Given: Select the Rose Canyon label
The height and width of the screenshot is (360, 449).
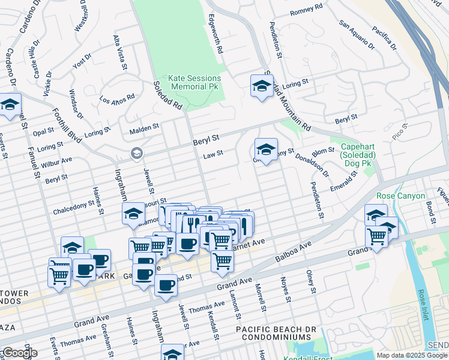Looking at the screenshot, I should coord(400,196).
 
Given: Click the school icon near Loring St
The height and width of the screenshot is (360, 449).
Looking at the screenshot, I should coord(262,85).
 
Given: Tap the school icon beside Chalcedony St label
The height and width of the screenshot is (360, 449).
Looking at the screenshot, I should coord(133,213).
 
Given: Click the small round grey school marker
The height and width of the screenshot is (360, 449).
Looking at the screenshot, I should coord(137,154).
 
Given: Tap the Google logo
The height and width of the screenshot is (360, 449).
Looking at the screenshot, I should coord(19,353).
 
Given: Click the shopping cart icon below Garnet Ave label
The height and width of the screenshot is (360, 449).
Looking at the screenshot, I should coord(222,261).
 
